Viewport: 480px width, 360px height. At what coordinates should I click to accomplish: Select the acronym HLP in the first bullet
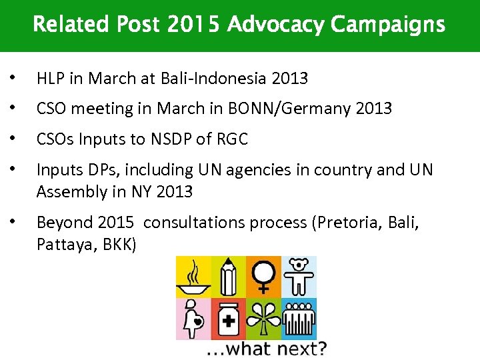pos(51,79)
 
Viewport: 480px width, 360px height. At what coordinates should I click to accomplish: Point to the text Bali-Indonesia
pos(214,79)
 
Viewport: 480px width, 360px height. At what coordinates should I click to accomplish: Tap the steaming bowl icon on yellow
pos(193,277)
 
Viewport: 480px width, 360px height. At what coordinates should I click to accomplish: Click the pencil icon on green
pos(228,277)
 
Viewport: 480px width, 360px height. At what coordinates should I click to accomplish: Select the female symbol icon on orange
pos(263,277)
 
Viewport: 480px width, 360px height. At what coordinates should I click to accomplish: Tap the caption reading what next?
pos(266,349)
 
